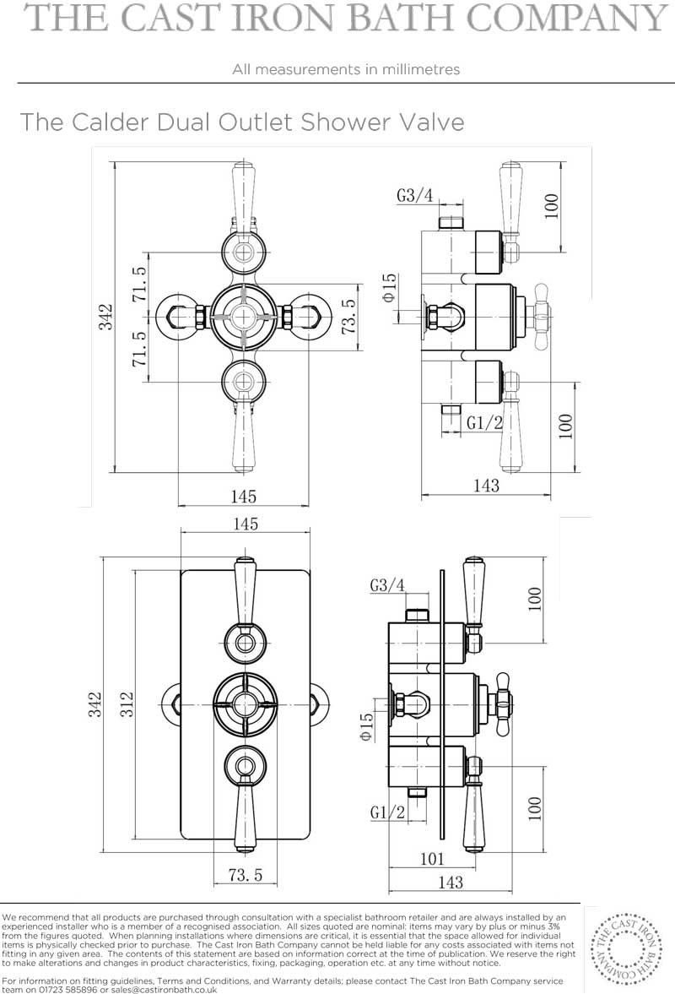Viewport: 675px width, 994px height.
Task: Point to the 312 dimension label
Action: click(127, 704)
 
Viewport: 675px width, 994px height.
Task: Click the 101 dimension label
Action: click(433, 859)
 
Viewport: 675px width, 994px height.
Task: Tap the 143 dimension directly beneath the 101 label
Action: click(451, 882)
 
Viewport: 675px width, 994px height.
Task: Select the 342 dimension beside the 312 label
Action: click(94, 704)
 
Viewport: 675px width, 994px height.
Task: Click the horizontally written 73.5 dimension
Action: click(245, 876)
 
